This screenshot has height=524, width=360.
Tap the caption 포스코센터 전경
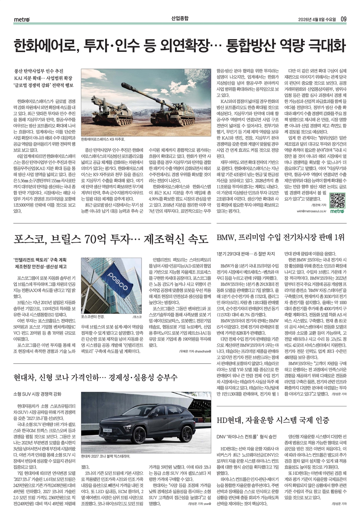pyautogui.click(x=93, y=317)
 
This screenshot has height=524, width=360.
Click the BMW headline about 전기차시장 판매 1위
pyautogui.click(x=280, y=237)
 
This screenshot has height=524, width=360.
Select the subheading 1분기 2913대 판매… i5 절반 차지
pyautogui.click(x=246, y=254)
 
